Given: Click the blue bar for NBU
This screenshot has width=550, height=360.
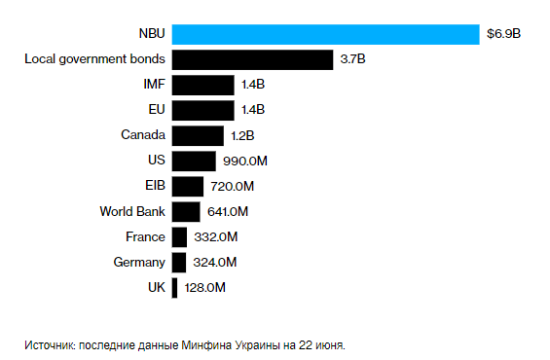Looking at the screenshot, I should (325, 34).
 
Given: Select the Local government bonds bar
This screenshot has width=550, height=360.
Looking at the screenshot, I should (253, 59).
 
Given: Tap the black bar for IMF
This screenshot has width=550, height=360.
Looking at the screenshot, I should (202, 85).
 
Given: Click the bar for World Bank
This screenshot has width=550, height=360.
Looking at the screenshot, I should (186, 211).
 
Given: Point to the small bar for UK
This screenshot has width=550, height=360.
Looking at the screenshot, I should (174, 287).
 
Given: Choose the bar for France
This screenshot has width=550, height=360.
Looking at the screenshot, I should (179, 236).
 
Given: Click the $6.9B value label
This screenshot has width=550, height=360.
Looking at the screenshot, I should (503, 34).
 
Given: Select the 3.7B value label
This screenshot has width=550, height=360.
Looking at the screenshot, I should (352, 59).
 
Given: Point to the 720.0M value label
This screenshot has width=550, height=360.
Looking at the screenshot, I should (232, 186).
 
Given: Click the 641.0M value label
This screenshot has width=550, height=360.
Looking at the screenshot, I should (228, 211).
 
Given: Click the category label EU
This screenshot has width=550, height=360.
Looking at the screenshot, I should (156, 110).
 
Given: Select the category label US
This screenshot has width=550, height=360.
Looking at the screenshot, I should (156, 161).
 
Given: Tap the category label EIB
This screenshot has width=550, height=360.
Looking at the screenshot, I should (155, 186).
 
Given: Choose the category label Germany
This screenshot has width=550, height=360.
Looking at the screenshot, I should (139, 262).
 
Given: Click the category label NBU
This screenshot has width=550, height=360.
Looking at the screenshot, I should (151, 34).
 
